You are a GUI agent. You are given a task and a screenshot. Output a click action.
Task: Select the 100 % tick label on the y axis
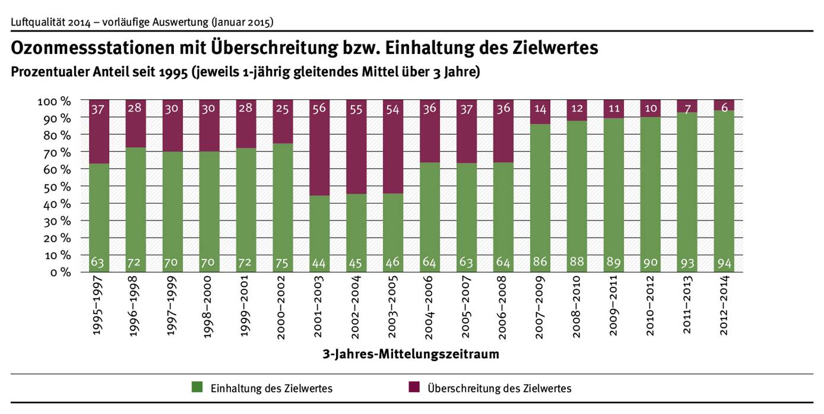coord(55,100)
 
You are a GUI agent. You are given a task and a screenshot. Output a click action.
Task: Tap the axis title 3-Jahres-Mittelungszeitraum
coord(411,355)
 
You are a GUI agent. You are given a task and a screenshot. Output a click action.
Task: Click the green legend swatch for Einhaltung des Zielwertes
coord(197,388)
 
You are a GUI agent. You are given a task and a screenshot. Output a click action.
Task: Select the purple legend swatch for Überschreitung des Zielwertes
coord(414,388)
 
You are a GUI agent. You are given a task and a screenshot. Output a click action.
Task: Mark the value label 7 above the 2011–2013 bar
coord(686,109)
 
